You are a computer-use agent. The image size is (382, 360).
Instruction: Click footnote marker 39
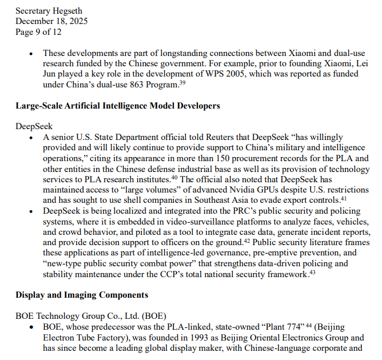[x=182, y=83]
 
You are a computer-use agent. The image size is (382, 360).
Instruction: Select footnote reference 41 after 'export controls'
[x=345, y=198]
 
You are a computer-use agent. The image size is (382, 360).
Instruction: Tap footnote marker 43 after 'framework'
[x=312, y=273]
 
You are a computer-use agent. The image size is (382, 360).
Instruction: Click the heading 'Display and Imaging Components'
[x=82, y=295]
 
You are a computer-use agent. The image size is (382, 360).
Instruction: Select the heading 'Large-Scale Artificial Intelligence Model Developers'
[x=118, y=106]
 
